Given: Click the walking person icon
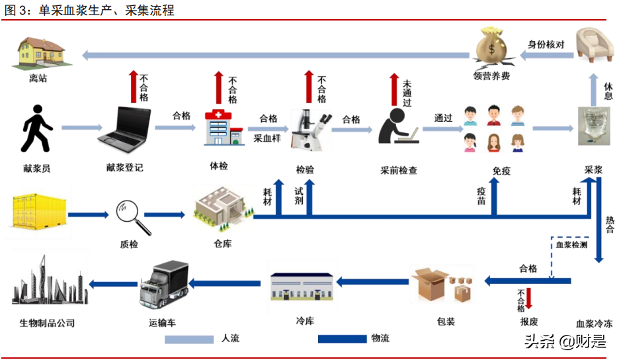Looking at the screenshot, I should coord(36,130).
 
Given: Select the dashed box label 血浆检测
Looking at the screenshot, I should coord(571,246).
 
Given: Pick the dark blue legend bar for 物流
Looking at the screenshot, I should coord(342,339).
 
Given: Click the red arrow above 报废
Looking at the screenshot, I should coord(528,298).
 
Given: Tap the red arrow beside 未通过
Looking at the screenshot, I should coord(393,90).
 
